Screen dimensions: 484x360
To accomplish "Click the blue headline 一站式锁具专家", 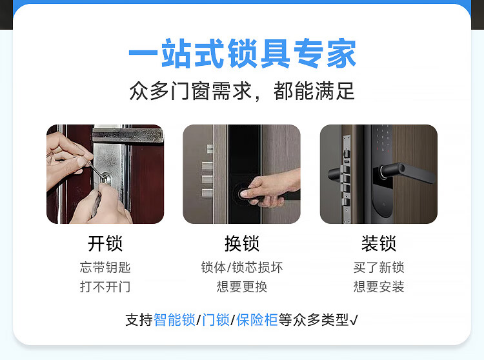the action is pos(242,54).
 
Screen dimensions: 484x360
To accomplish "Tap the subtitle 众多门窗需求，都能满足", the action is pos(242,91).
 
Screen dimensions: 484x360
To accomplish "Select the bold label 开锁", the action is pos(105,243).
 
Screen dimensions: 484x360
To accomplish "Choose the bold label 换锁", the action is pos(242,243).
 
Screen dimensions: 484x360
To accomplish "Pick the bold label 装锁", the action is pos(379,243).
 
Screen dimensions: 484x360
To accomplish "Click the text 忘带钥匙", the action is pos(105,267).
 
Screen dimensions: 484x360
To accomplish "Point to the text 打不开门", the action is pos(105,286).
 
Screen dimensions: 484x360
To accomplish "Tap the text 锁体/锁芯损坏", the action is pos(242,267).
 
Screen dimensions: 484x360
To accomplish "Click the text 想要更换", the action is pos(242,286).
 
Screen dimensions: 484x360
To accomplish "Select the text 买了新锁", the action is pos(379,267).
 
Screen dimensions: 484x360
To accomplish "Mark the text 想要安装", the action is pos(379,286).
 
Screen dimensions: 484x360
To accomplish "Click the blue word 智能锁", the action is pos(174,320).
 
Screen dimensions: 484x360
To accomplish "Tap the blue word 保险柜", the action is pos(257,320).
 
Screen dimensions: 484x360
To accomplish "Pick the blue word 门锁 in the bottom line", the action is pos(216,320).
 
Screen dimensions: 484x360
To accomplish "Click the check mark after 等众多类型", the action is pos(354,320).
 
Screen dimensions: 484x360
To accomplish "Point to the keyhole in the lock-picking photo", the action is pos(106,178).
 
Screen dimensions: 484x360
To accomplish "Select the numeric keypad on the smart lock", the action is pos(382,139).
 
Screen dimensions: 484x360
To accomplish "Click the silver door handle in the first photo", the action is pos(128,134).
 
